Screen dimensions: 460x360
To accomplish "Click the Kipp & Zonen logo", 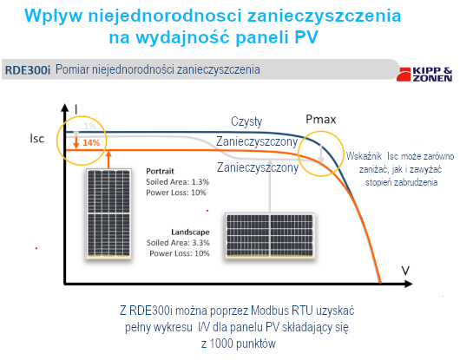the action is click(424, 75).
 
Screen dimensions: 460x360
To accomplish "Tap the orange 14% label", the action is click(91, 143).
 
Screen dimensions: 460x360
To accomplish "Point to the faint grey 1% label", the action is click(89, 126).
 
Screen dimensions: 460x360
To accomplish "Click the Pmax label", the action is click(320, 120).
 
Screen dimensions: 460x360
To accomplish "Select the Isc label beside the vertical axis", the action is click(37, 139).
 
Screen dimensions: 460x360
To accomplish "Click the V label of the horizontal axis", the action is click(405, 271).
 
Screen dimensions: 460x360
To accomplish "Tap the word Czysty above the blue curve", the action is click(246, 121).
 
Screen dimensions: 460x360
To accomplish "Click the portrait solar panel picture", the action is click(108, 213).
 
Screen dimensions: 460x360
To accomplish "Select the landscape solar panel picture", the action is click(270, 236).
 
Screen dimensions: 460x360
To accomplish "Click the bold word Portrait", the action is click(160, 171).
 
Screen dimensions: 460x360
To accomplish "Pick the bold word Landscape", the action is click(190, 232).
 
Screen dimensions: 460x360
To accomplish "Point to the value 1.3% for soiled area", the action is click(200, 182).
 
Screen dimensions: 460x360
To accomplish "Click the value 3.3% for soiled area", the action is click(200, 243).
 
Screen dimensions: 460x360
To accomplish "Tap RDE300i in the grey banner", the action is click(28, 70).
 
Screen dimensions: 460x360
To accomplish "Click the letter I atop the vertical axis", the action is click(76, 109).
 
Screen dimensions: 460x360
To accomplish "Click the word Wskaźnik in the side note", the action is click(364, 156).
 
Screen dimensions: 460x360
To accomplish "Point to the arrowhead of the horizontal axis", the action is click(409, 284).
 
